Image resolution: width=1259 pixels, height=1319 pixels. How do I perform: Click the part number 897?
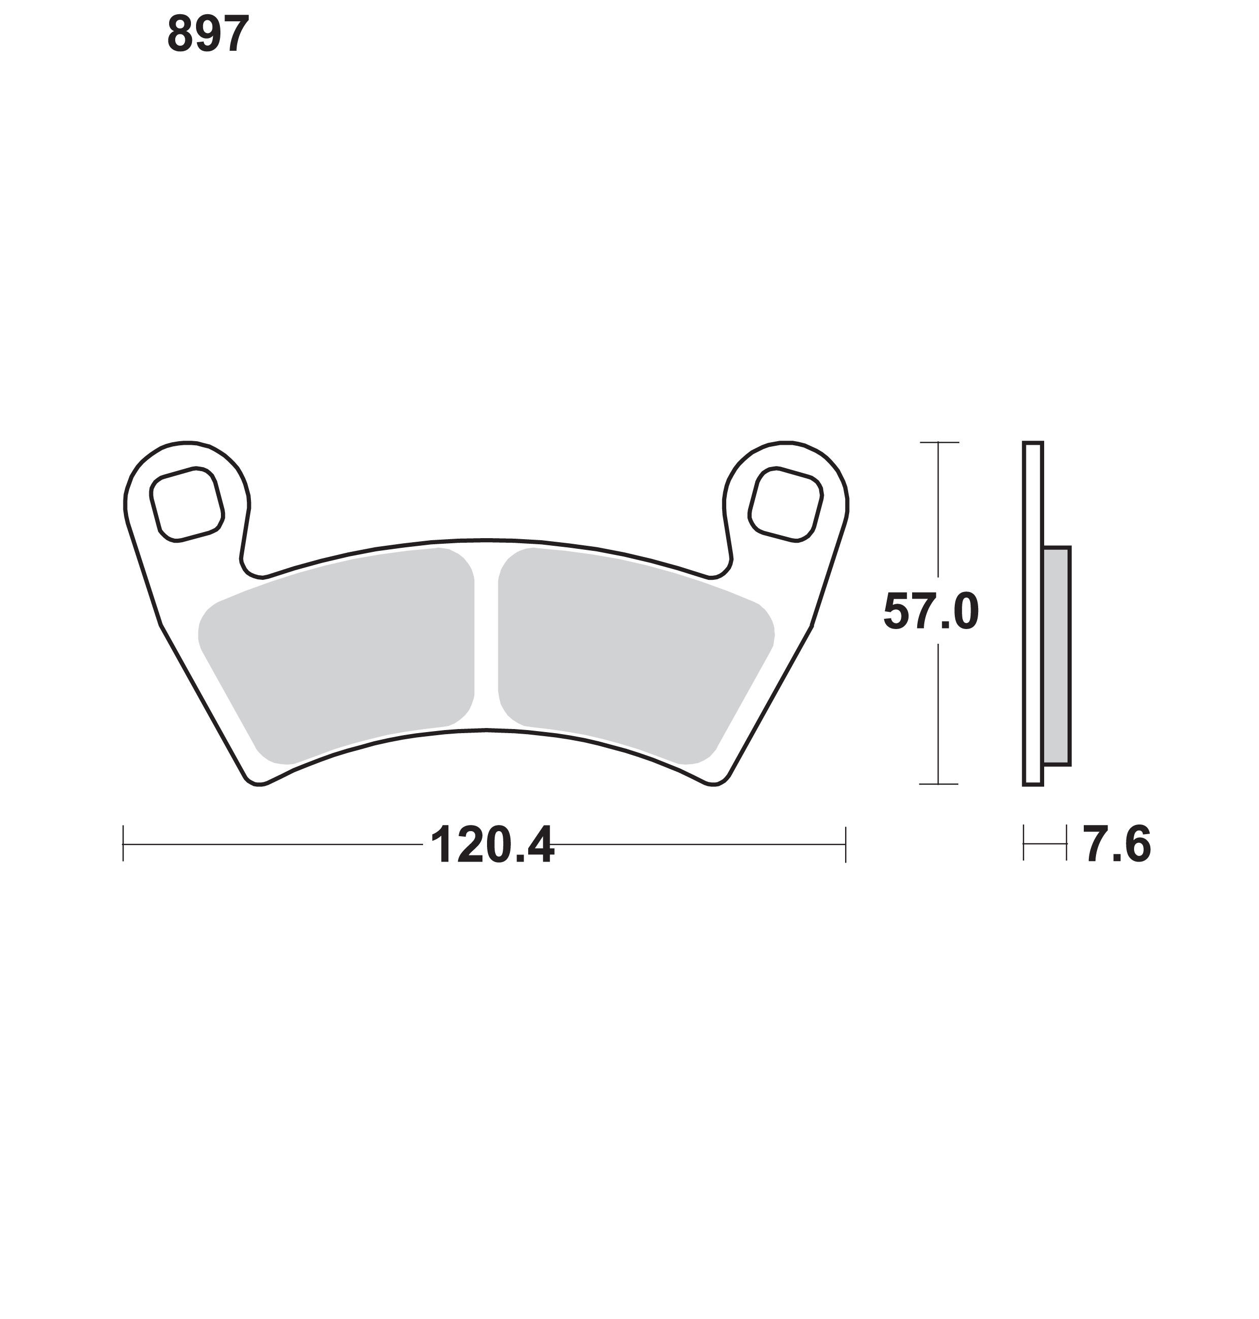(208, 35)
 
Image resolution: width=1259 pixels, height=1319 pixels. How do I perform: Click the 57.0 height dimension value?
(931, 611)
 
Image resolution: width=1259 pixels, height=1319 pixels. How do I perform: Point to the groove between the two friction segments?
(487, 637)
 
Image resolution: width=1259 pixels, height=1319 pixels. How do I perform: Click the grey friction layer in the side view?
(1056, 655)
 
